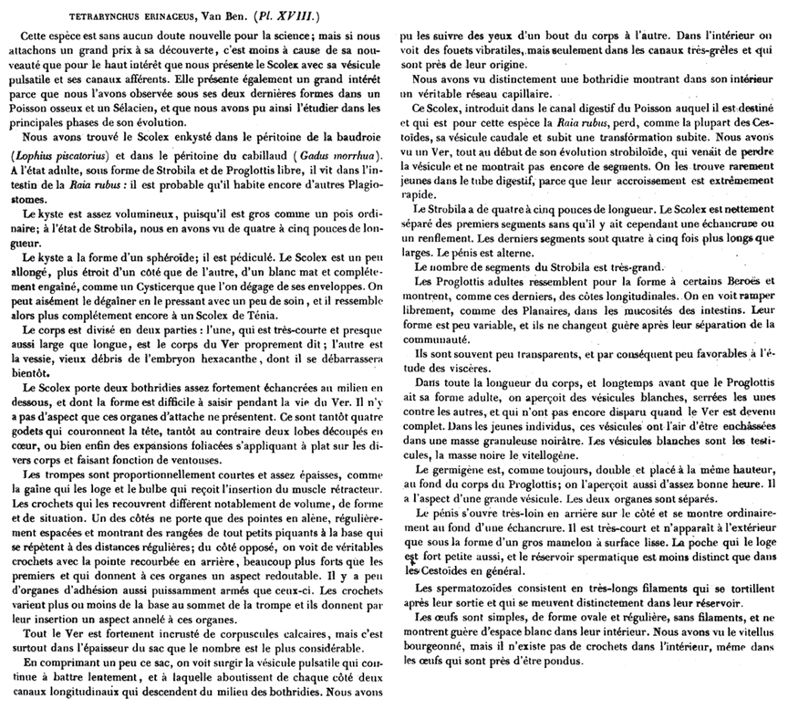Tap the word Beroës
(706, 281)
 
